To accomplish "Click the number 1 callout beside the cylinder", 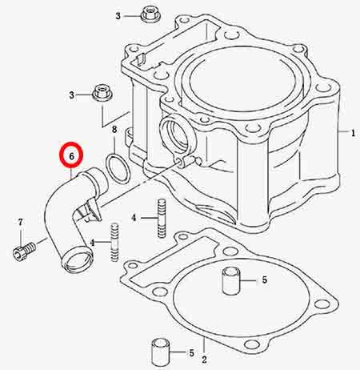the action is click(353, 133).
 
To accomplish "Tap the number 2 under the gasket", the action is click(204, 360).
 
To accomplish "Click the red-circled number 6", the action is click(71, 156).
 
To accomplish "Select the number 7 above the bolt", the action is click(20, 222).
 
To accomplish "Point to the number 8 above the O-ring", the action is click(114, 130).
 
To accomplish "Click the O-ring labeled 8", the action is click(118, 168).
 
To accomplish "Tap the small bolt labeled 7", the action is click(24, 251).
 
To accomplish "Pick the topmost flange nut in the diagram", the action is click(150, 14).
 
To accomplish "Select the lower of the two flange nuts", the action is click(102, 92).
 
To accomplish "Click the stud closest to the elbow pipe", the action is click(114, 242).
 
